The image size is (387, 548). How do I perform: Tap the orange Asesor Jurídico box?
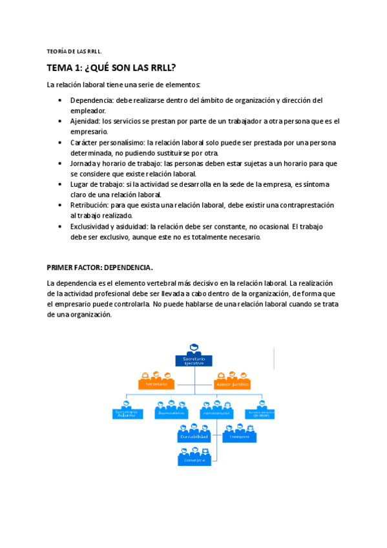(231, 384)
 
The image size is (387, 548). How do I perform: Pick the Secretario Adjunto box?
(126, 414)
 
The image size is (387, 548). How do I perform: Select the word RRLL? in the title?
(161, 68)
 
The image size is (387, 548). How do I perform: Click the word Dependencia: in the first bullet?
(92, 100)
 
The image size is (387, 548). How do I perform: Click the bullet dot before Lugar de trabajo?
(59, 184)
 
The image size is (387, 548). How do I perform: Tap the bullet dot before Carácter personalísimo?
(59, 142)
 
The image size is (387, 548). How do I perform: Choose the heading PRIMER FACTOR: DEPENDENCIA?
(100, 266)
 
